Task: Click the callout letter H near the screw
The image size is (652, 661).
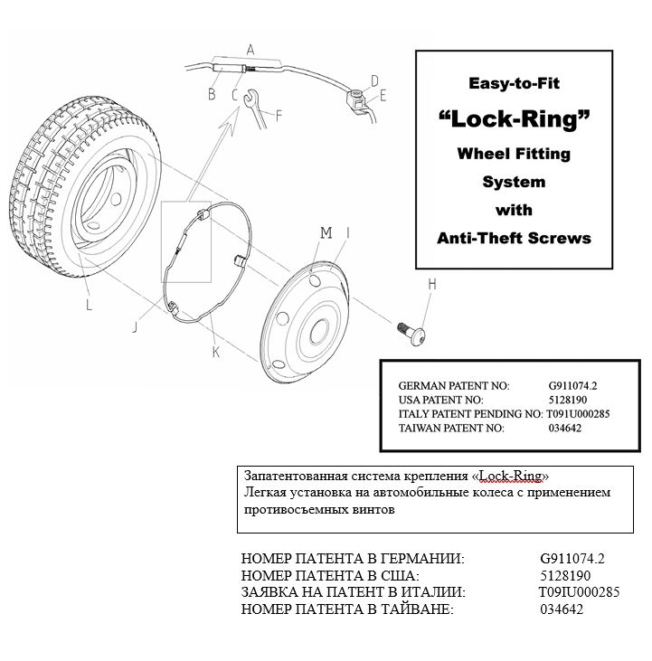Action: (432, 285)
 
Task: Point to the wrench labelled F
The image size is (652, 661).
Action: (255, 109)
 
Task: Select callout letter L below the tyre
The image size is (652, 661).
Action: (89, 305)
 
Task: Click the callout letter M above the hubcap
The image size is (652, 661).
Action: (326, 232)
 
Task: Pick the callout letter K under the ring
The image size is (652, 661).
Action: (215, 352)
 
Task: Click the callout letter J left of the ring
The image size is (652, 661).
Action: (135, 326)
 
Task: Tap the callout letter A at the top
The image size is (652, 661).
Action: (250, 50)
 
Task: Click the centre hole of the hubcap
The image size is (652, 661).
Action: (319, 331)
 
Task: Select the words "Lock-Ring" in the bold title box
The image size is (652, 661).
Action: (514, 119)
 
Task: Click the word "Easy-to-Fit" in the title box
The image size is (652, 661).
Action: (514, 83)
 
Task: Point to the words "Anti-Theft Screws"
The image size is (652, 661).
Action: (514, 238)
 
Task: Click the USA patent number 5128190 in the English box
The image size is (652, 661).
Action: (567, 400)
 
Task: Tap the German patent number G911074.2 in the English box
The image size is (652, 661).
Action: (572, 385)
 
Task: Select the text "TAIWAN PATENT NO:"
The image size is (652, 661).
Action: (451, 429)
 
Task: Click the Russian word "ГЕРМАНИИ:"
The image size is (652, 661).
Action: (422, 559)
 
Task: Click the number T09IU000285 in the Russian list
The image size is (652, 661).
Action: (579, 592)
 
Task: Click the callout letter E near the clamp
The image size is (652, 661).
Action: (383, 96)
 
